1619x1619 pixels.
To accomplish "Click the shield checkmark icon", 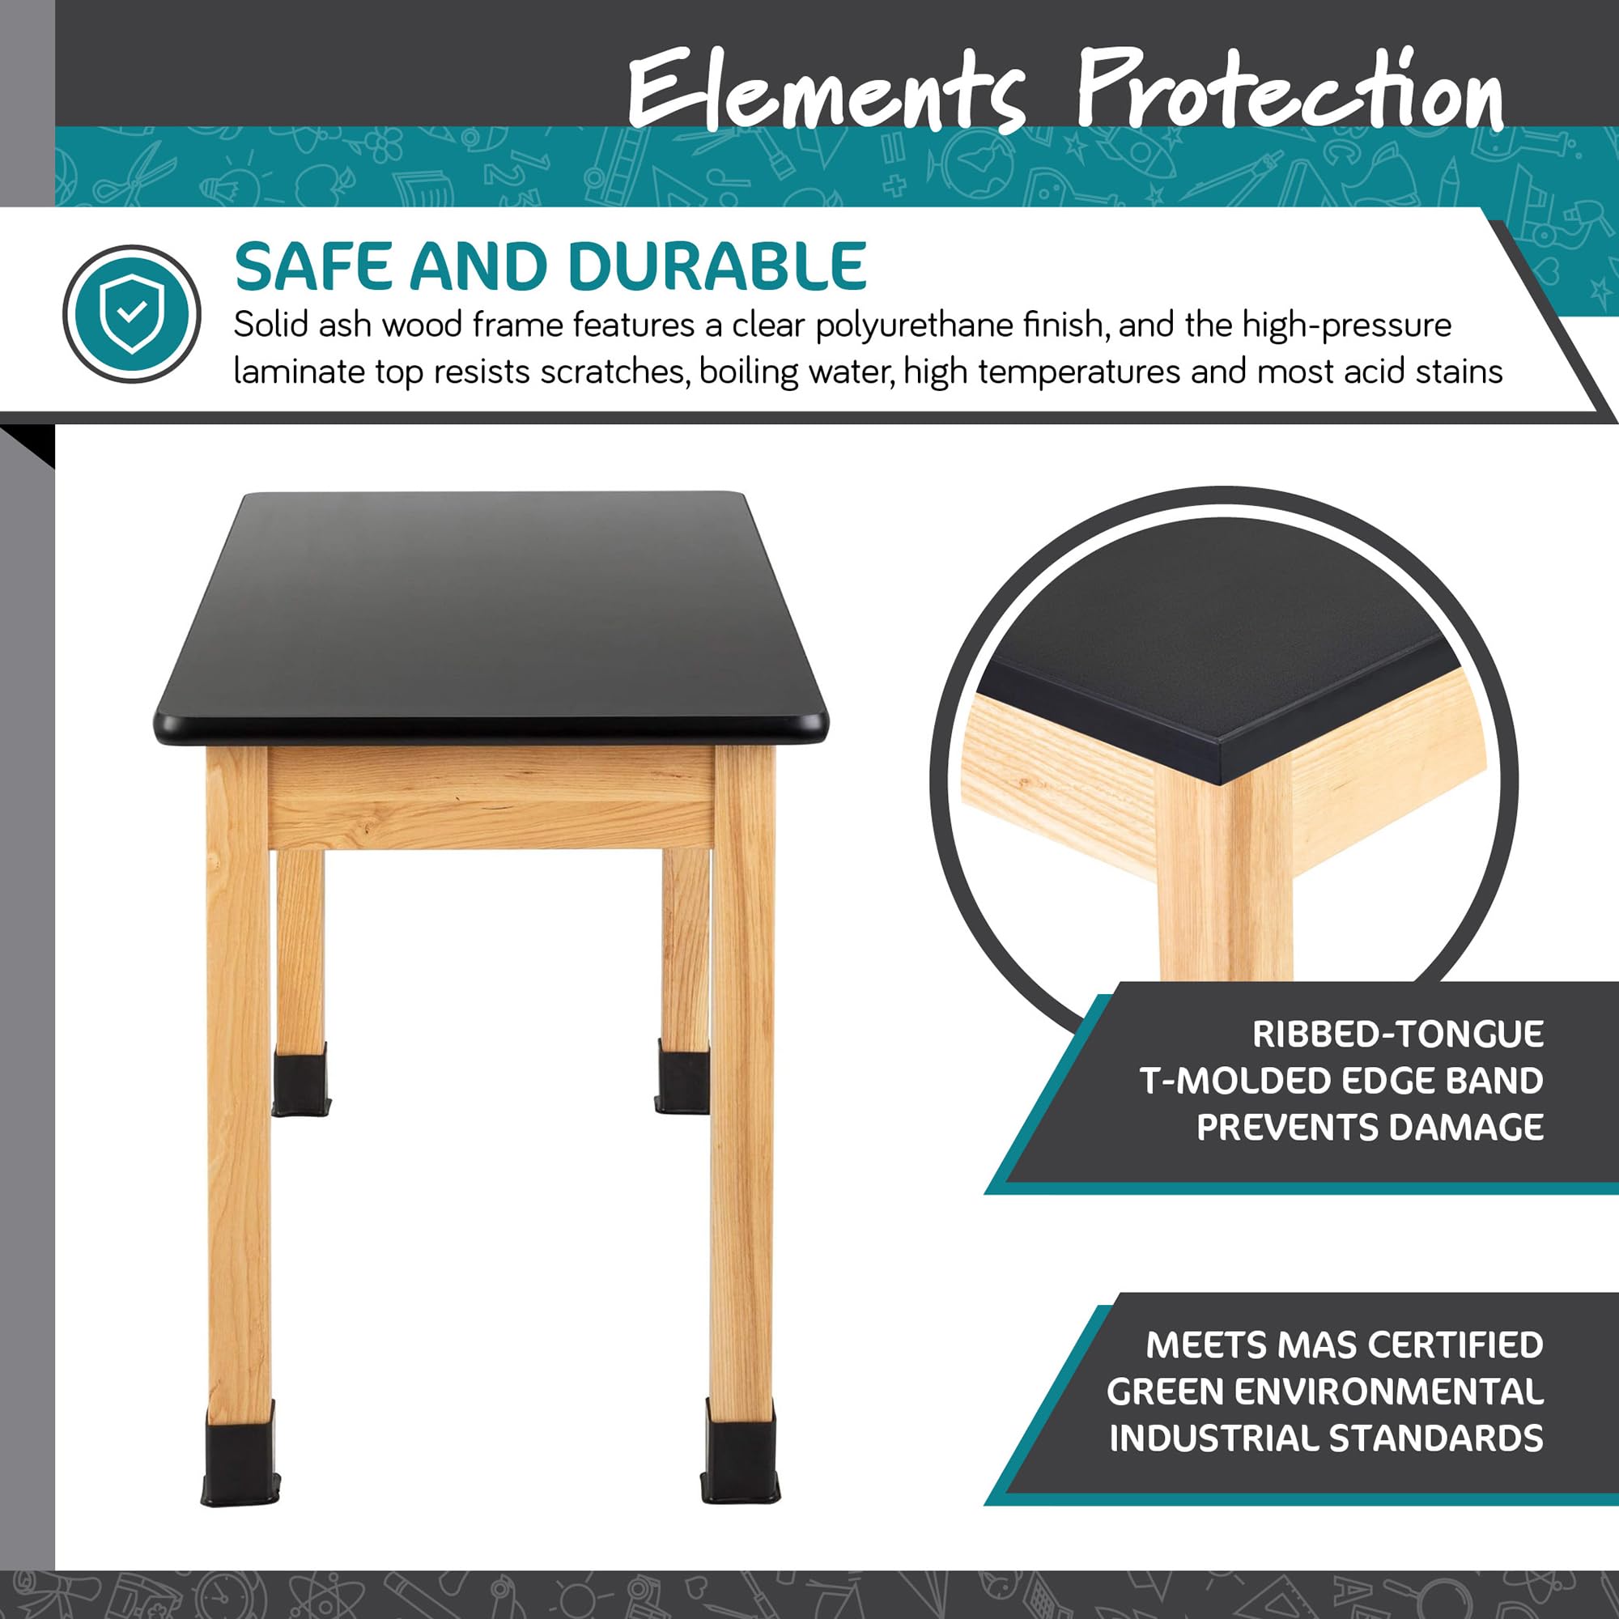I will pos(132,314).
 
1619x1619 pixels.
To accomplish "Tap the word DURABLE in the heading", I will pos(716,267).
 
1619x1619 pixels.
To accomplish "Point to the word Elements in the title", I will pos(826,91).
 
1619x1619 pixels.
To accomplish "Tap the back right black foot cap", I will pos(682,1079).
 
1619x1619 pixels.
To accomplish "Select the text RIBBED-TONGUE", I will pos(1398,1035).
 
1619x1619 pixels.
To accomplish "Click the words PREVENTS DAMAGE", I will pos(1370,1127).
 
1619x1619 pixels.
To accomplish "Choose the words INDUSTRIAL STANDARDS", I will pos(1326,1438).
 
